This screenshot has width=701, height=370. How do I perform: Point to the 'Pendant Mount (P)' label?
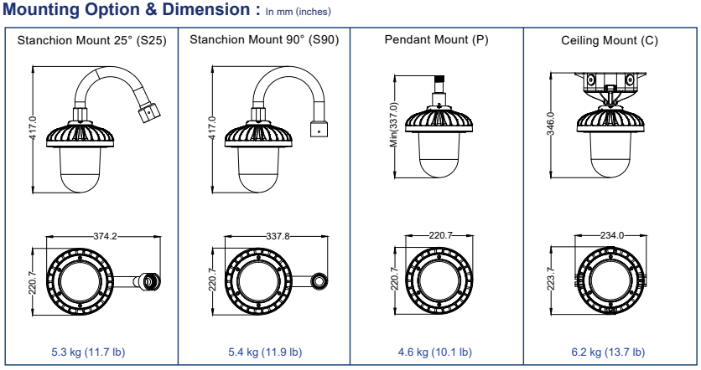tap(436, 40)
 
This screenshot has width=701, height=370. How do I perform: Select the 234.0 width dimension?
tap(613, 236)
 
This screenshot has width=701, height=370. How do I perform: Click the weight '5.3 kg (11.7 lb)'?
tap(91, 352)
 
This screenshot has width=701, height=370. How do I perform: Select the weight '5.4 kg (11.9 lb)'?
tap(266, 352)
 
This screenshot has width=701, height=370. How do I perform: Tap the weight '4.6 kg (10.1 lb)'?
tap(436, 352)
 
